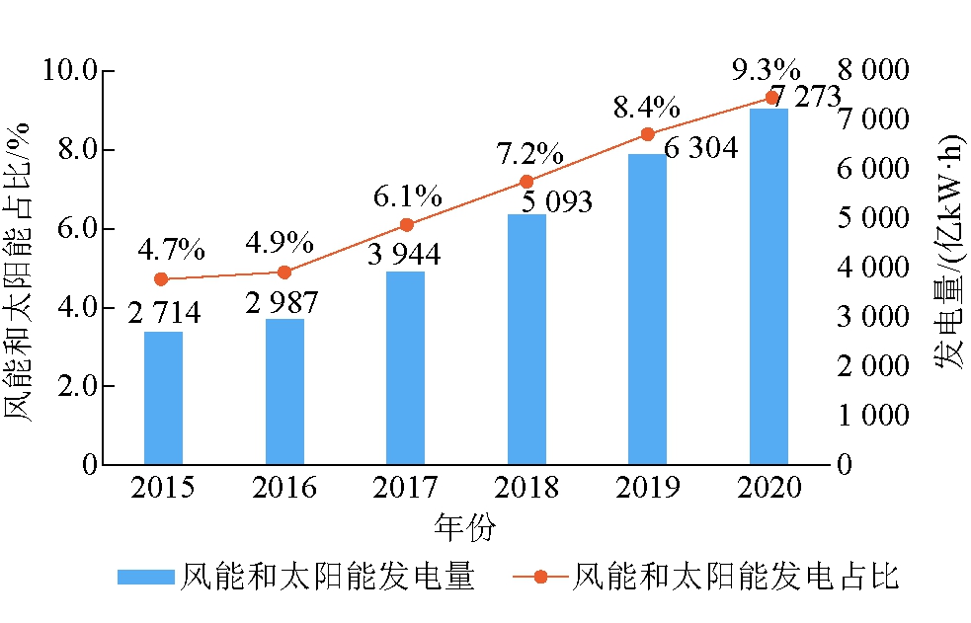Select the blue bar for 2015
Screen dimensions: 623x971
[x=163, y=398]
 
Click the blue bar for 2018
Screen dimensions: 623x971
[x=526, y=339]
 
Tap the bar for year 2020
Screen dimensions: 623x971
[x=769, y=286]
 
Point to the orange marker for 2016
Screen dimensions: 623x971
[x=284, y=273]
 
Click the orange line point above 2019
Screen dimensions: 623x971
[x=647, y=134]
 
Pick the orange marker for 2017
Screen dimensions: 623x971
[x=406, y=225]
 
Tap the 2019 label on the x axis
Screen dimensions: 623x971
[x=648, y=488]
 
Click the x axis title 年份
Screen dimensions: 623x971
[x=464, y=526]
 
